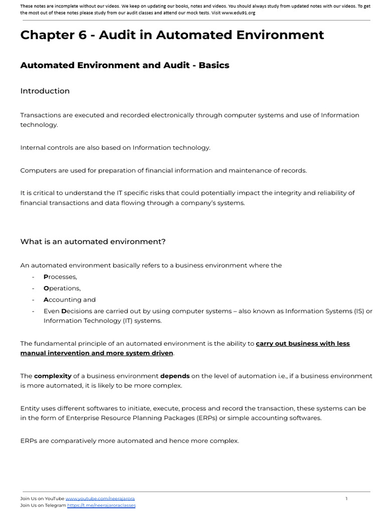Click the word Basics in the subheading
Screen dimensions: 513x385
point(214,65)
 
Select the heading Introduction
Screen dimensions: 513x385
point(45,91)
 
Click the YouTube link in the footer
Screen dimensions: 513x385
point(100,498)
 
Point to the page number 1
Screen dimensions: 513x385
point(346,498)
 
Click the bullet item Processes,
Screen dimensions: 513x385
point(60,277)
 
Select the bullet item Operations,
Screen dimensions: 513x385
point(62,289)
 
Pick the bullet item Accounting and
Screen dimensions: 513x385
point(69,300)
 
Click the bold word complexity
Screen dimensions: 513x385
point(53,376)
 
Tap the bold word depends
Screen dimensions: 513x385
point(174,376)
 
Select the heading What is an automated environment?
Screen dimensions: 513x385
point(93,241)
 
